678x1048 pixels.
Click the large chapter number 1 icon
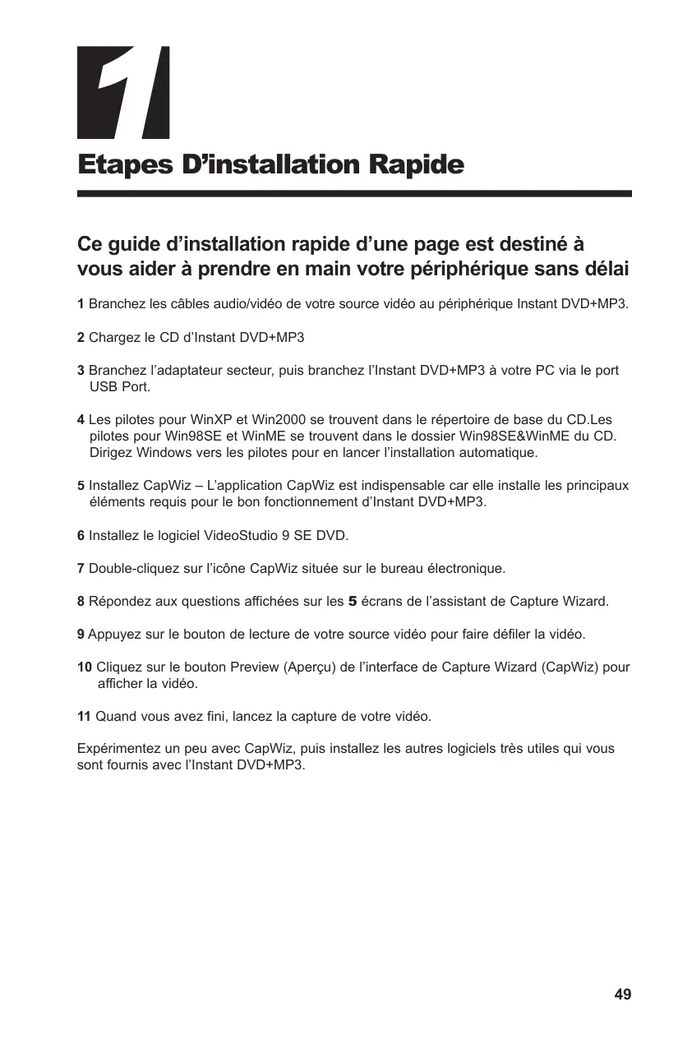point(123,92)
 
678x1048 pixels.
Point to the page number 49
point(623,995)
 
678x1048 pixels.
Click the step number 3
point(81,371)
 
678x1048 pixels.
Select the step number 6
point(81,536)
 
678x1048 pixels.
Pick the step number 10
point(84,667)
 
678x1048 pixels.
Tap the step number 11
point(84,717)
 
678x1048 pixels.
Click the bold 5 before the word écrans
point(353,602)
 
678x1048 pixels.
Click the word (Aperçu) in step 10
point(310,667)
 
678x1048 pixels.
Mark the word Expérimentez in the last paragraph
point(116,750)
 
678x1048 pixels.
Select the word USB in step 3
point(102,387)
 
